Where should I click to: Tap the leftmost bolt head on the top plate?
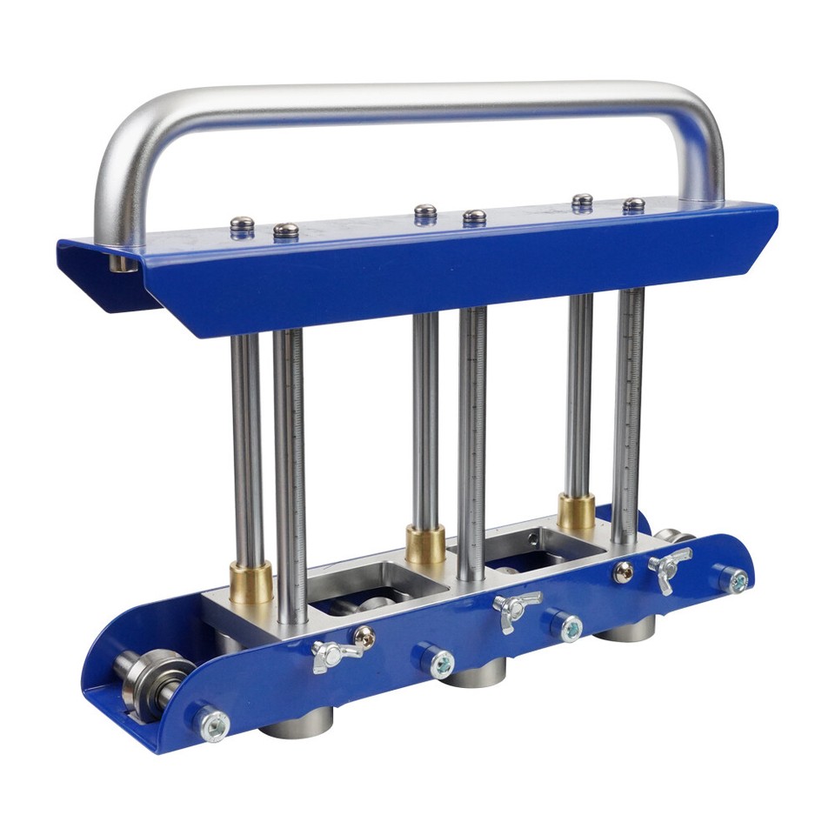click(x=243, y=225)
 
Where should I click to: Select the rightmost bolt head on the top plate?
click(x=634, y=205)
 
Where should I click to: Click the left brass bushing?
click(x=250, y=582)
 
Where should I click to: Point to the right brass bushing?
click(x=576, y=512)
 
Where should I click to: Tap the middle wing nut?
click(x=516, y=605)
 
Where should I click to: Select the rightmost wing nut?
click(x=669, y=564)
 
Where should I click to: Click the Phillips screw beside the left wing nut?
click(x=365, y=637)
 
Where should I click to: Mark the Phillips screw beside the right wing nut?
click(x=623, y=572)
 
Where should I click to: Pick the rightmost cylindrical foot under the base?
click(x=625, y=628)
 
